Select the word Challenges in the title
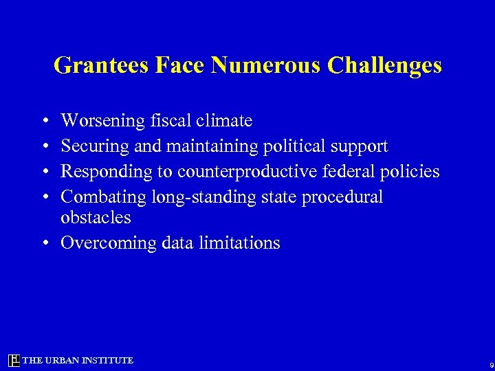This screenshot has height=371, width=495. (x=384, y=65)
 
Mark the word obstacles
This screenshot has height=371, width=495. (x=96, y=218)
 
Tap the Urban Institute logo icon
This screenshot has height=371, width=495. (x=14, y=361)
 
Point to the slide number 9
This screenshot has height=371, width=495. (x=490, y=365)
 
